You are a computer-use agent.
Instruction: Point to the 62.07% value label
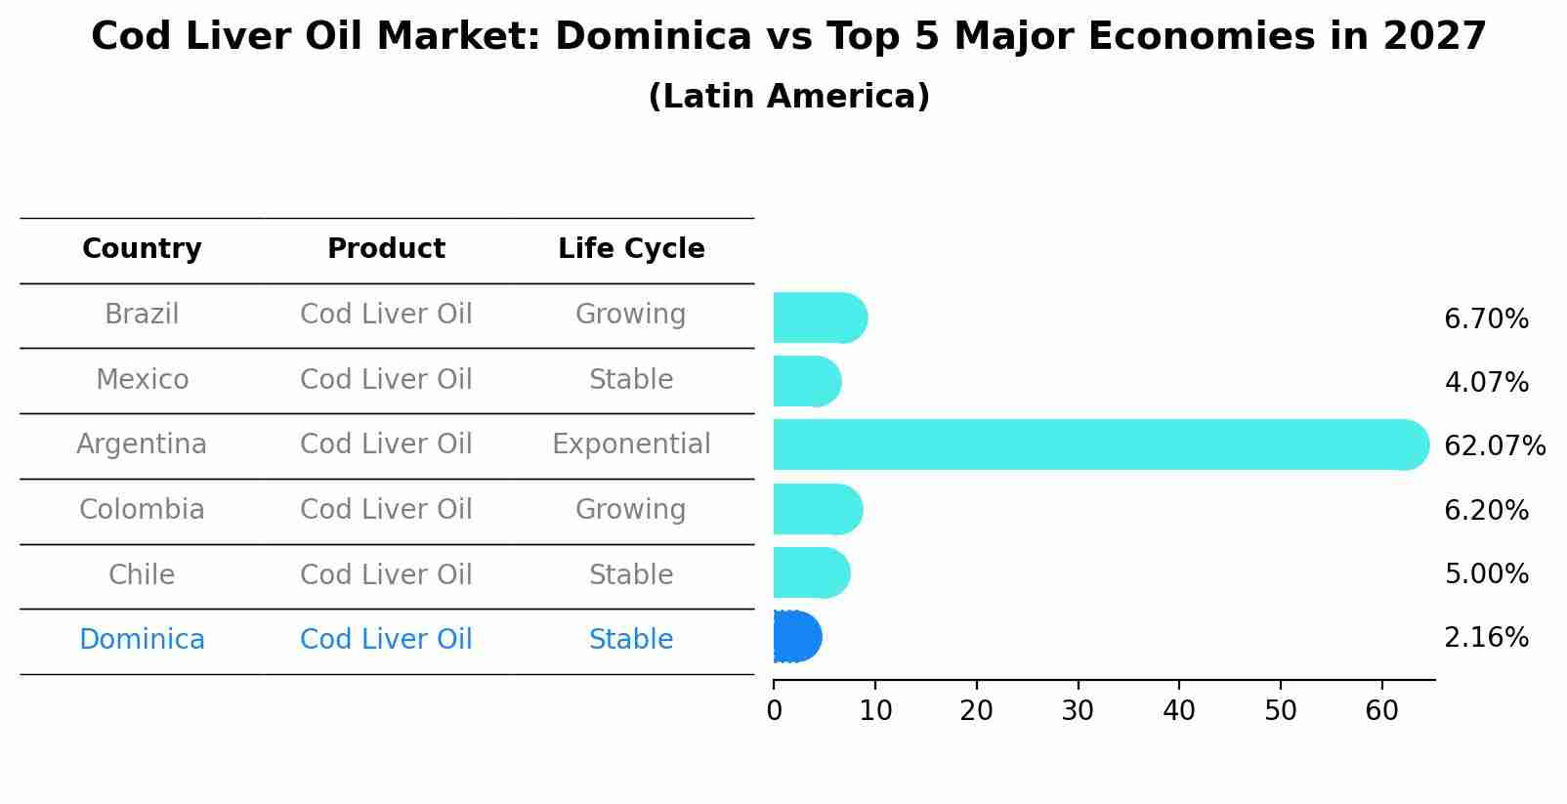(1494, 446)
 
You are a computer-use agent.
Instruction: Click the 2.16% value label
(1486, 638)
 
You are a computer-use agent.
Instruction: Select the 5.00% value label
(1486, 574)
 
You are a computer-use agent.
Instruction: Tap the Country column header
(142, 249)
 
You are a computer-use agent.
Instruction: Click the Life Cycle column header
(631, 249)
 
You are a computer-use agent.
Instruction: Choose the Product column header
(386, 249)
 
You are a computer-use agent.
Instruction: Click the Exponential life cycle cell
(631, 444)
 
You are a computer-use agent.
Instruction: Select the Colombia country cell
(142, 510)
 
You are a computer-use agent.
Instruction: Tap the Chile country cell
(142, 574)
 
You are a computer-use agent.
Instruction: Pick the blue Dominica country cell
(142, 640)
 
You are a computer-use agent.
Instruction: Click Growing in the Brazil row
(631, 315)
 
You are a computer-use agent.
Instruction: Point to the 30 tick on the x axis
(1078, 711)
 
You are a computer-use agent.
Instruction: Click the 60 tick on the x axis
(1381, 711)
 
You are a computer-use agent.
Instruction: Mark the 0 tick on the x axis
(774, 711)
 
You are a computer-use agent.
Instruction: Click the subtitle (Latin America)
(788, 97)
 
